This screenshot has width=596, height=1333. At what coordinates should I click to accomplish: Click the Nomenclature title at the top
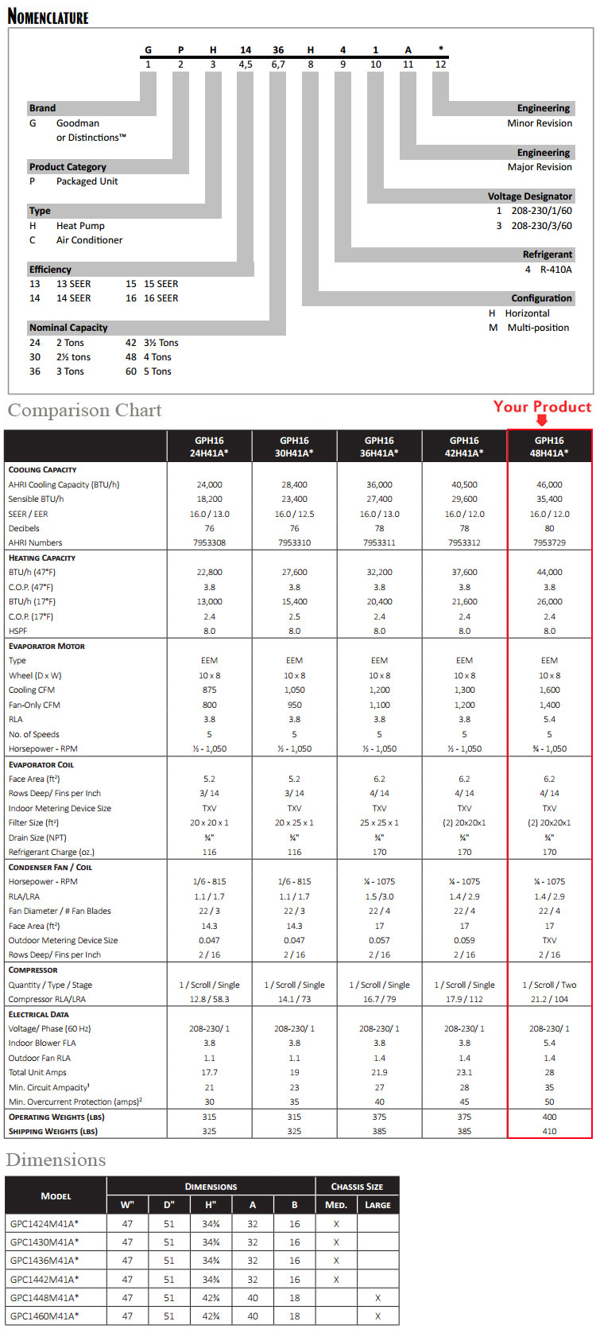48,16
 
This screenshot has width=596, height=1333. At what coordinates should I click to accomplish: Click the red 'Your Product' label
542,406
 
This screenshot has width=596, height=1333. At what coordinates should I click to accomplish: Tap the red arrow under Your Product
542,421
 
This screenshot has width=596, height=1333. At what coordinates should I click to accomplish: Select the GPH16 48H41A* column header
549,446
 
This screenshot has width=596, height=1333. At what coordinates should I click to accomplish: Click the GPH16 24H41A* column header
210,446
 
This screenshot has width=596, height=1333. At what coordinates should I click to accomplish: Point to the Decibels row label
24,528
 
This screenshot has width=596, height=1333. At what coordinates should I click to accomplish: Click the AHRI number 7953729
549,542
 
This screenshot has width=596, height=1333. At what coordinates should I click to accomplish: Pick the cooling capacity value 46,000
549,484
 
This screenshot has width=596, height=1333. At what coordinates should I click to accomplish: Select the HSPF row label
17,631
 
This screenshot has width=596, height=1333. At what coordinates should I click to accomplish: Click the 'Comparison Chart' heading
84,410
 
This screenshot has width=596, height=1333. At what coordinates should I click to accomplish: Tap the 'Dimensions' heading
56,1160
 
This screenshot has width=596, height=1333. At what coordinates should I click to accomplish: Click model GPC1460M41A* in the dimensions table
45,1316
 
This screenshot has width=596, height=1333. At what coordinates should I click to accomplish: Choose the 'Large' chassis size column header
377,1205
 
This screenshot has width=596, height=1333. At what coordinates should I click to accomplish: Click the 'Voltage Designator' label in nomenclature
529,196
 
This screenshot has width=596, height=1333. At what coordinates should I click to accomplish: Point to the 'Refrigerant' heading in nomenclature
547,255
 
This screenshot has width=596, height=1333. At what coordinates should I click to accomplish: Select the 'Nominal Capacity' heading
68,328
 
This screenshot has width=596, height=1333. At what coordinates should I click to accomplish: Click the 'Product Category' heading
68,167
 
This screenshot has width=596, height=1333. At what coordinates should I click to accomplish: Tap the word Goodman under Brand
78,123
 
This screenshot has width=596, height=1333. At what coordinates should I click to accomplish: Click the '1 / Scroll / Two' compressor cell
549,985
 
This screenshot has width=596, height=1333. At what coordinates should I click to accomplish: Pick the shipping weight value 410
549,1131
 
